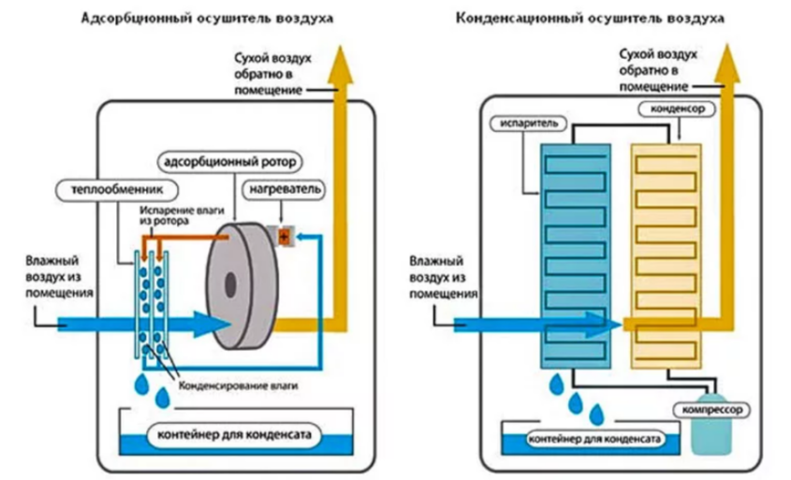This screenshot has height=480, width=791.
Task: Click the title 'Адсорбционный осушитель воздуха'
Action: [207, 19]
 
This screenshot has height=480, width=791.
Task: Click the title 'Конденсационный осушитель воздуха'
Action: [590, 19]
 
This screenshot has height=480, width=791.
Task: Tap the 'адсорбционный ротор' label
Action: [230, 163]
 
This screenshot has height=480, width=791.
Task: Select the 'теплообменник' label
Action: [117, 190]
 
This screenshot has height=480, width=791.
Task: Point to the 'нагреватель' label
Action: [285, 190]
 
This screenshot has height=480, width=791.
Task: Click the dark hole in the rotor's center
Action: [230, 284]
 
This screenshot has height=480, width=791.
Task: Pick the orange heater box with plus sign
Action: [284, 237]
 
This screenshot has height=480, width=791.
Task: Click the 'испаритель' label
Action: [529, 124]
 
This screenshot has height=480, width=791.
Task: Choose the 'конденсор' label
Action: [677, 109]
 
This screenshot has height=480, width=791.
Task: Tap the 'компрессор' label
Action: [711, 410]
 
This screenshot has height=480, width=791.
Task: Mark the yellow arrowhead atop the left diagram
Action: [341, 65]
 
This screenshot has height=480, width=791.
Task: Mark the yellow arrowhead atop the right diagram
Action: [727, 63]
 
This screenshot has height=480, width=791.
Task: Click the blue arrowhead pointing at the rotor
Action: [212, 325]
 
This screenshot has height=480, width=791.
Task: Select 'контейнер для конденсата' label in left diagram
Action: [234, 435]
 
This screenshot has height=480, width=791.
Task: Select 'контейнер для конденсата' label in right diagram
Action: [593, 439]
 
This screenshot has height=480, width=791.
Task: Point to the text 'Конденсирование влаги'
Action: [238, 386]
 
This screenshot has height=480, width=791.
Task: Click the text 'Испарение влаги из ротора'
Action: [182, 215]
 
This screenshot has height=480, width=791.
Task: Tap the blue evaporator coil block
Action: [575, 256]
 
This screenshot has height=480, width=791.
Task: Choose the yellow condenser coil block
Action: [666, 256]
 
